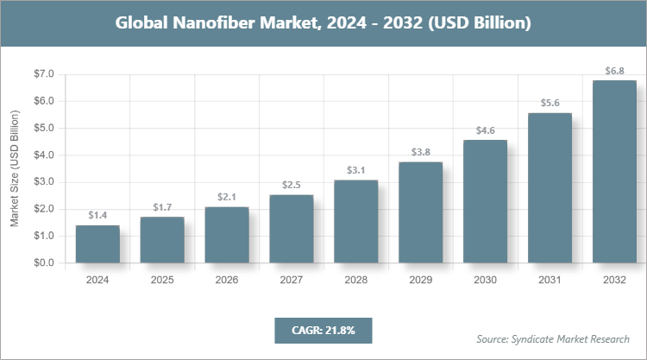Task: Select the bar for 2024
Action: tap(97, 243)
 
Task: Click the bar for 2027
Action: tap(292, 229)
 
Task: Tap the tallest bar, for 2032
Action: tap(614, 172)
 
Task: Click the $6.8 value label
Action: tap(614, 69)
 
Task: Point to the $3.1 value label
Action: tap(356, 169)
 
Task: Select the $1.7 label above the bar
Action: tap(162, 206)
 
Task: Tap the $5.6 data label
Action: tap(550, 102)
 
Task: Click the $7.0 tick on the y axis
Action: tap(43, 74)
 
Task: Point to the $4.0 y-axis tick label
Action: tap(43, 155)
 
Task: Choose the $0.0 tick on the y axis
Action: tap(43, 262)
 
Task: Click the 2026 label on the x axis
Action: tap(227, 281)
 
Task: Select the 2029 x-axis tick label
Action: tap(421, 281)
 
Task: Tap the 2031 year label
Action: tap(550, 281)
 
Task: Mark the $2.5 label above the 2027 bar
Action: tap(292, 185)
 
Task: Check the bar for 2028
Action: tap(356, 221)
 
